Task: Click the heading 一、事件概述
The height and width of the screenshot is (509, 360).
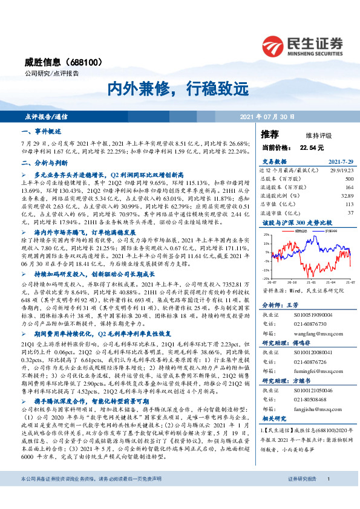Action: coord(41,131)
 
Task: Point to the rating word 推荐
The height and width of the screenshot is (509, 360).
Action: coord(270,134)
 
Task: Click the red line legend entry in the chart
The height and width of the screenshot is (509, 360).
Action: coord(299,230)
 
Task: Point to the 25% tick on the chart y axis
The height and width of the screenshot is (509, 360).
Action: coord(267,235)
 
